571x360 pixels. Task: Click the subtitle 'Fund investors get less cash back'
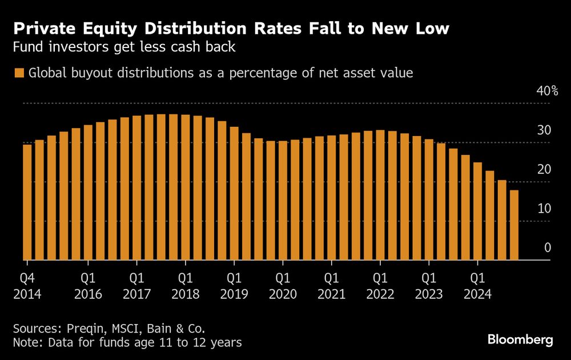coord(124,47)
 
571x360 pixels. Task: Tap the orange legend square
coord(19,73)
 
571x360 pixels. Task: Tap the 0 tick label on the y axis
coord(547,248)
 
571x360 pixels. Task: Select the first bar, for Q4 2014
coord(27,202)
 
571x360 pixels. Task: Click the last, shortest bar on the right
coord(514,225)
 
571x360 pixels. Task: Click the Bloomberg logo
coord(520,340)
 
